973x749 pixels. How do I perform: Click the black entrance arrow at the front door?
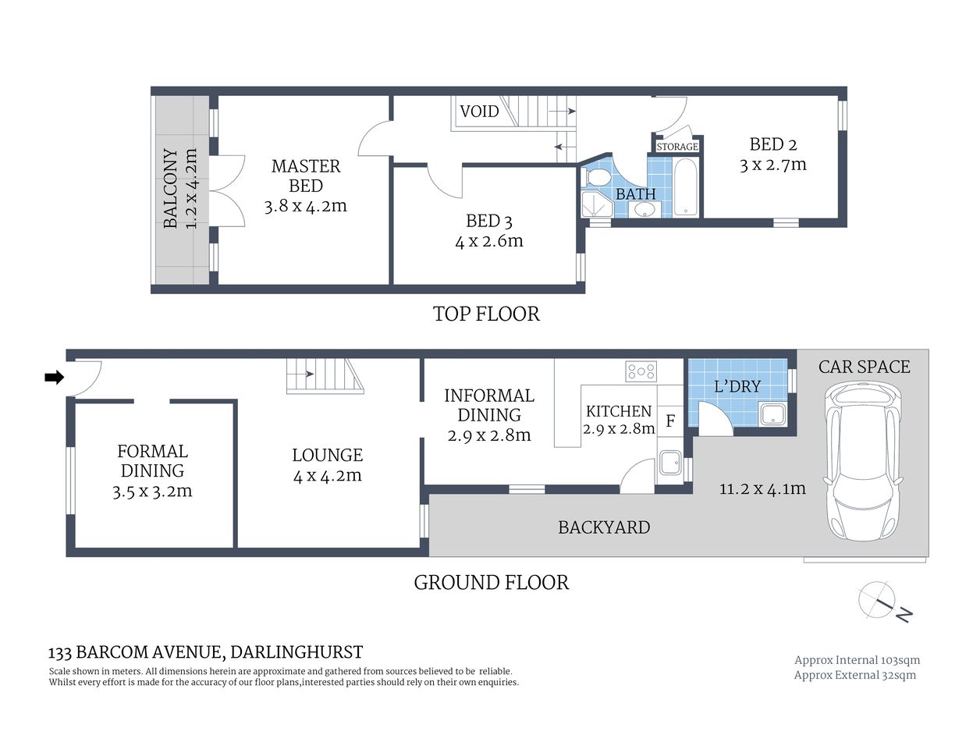[54, 378]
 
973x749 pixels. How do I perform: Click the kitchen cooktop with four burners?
[641, 371]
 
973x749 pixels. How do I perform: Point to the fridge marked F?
[669, 422]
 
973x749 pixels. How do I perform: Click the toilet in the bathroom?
[597, 178]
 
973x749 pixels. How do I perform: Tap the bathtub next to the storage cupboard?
[687, 188]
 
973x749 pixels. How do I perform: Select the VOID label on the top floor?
[479, 111]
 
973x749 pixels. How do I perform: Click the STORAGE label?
[676, 147]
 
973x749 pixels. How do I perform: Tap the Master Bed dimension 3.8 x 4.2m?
[305, 206]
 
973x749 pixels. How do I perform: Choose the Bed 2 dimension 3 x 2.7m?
[772, 165]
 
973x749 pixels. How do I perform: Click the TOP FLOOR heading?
[486, 314]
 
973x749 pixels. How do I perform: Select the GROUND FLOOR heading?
[491, 582]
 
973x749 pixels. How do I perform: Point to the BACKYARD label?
[604, 527]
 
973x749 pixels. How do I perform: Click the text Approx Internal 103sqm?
[857, 660]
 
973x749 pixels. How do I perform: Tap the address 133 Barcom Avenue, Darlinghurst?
[206, 652]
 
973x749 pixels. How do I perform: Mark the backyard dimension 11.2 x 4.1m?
[762, 489]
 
